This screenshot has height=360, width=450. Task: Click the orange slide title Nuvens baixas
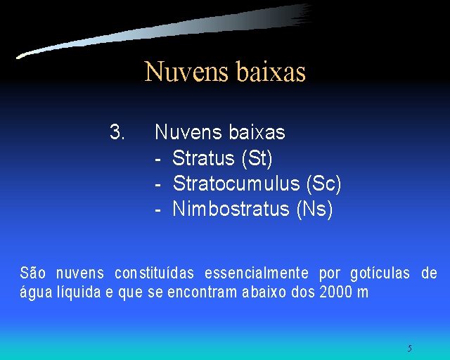225,71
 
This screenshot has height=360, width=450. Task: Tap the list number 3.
117,132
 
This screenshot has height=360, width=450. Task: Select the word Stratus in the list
203,157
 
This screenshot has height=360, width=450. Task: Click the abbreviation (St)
257,158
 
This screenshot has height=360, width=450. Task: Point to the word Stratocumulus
236,183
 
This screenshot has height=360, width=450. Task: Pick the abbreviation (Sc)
323,184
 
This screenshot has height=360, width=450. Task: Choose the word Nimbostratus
231,208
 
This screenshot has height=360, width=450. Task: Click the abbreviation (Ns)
314,209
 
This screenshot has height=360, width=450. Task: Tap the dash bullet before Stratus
157,160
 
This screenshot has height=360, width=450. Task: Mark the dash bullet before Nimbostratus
157,210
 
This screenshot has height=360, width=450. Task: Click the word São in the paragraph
33,272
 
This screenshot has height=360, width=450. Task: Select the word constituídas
155,273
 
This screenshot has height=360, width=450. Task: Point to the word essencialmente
257,273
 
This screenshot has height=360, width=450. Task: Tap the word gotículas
380,273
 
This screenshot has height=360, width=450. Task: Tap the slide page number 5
409,348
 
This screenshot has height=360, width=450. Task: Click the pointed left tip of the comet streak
17,58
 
